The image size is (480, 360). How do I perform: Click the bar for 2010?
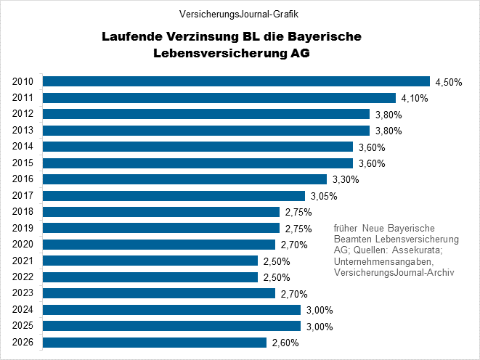236,81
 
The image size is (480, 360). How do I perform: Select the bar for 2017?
174,196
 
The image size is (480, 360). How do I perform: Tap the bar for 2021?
150,261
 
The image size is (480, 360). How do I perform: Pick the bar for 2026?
155,343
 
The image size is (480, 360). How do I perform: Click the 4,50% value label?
448,82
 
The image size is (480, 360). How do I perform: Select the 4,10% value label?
413,98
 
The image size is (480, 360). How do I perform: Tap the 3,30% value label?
345,179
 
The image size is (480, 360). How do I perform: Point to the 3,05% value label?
323,196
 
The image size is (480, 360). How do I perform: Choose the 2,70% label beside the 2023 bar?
293,294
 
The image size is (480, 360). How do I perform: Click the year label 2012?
23,114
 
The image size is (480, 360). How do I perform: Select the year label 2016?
23,179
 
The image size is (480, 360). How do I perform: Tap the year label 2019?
23,228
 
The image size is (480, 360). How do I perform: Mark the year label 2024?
23,310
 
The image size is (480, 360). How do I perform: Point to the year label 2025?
23,327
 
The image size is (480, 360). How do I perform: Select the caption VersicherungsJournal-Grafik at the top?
239,13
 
